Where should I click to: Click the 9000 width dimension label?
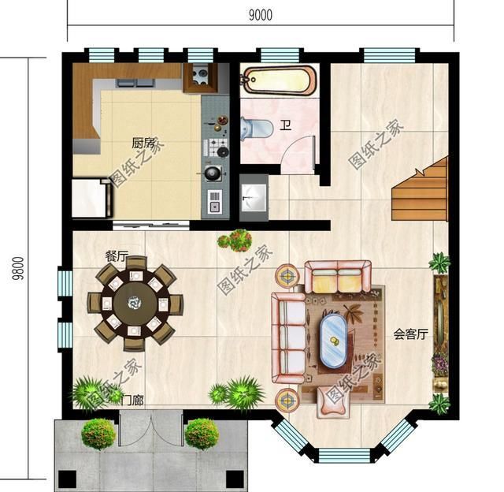[261, 15]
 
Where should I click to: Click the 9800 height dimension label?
[18, 268]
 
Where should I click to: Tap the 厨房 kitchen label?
[143, 143]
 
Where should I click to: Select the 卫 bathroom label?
[285, 125]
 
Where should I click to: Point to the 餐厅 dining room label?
[117, 256]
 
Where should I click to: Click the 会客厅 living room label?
[411, 334]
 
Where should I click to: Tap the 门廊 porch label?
[132, 401]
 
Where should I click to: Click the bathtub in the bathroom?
[278, 80]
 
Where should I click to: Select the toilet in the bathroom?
[257, 128]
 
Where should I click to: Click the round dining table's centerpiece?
[133, 302]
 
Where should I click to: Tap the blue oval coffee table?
[333, 341]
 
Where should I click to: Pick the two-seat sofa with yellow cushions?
[338, 277]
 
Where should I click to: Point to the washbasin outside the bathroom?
[254, 198]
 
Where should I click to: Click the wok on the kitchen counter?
[213, 173]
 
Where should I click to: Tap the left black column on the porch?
[68, 479]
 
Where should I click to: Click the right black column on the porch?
[235, 479]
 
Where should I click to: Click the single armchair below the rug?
[332, 402]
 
